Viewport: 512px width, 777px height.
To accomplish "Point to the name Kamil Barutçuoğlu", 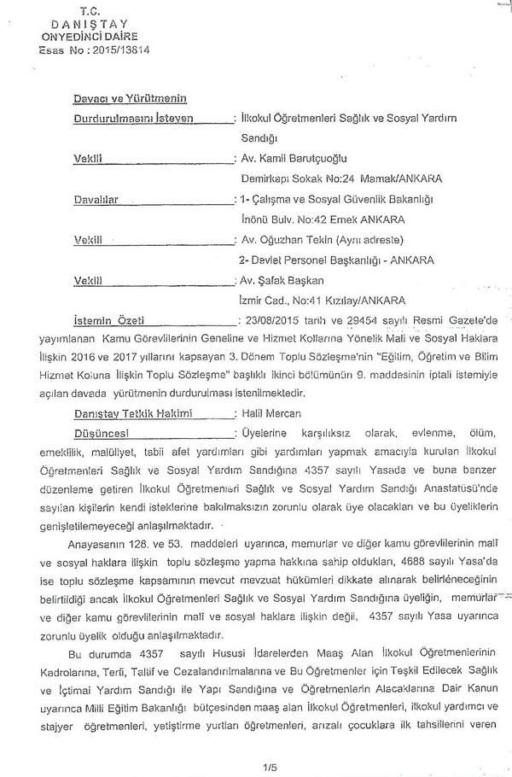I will point(303,158).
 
